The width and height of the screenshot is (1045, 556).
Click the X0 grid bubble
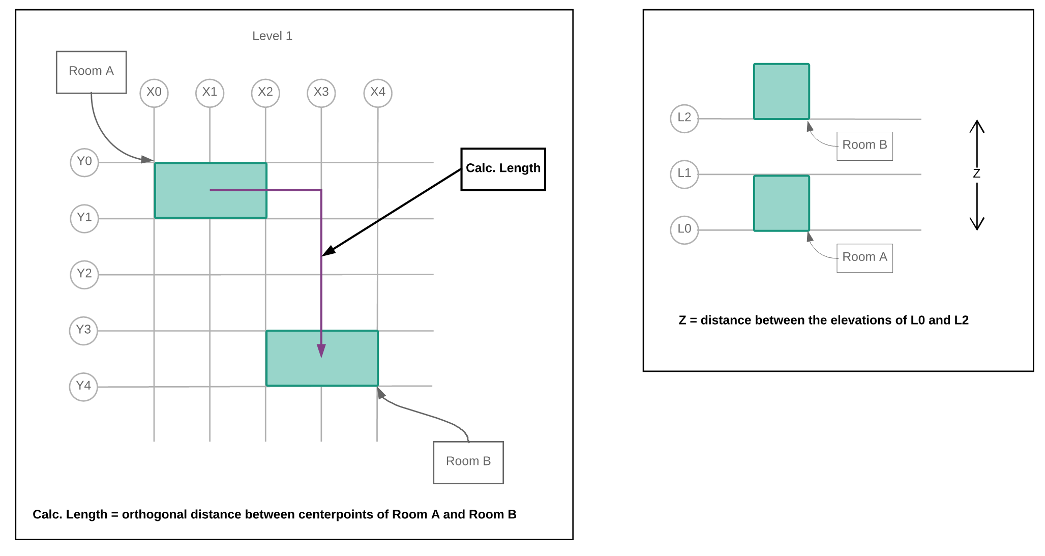coord(154,93)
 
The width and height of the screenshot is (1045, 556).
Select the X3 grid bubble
coord(321,93)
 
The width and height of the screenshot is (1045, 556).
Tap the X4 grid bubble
coord(378,93)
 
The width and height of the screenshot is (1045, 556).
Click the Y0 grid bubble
coord(84,162)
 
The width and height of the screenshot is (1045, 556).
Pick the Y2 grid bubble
coord(84,274)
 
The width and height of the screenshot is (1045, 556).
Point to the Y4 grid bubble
coord(83,386)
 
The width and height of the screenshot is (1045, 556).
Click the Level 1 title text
coord(272,36)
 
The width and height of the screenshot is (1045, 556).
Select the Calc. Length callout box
coord(503,169)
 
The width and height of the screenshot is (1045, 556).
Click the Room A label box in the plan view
coord(92,72)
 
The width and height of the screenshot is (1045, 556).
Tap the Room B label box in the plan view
coord(468,462)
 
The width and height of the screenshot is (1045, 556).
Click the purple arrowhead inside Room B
coord(321,350)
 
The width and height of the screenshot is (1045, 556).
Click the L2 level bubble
coord(684,118)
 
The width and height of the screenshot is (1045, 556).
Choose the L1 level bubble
coord(684,174)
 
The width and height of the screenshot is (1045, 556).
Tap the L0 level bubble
coord(684,229)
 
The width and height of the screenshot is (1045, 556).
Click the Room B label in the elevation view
coord(864,145)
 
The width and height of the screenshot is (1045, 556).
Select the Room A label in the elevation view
coord(864,257)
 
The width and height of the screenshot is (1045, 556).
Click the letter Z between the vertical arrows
coord(976,174)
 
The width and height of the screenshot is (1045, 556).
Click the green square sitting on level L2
coord(781,92)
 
